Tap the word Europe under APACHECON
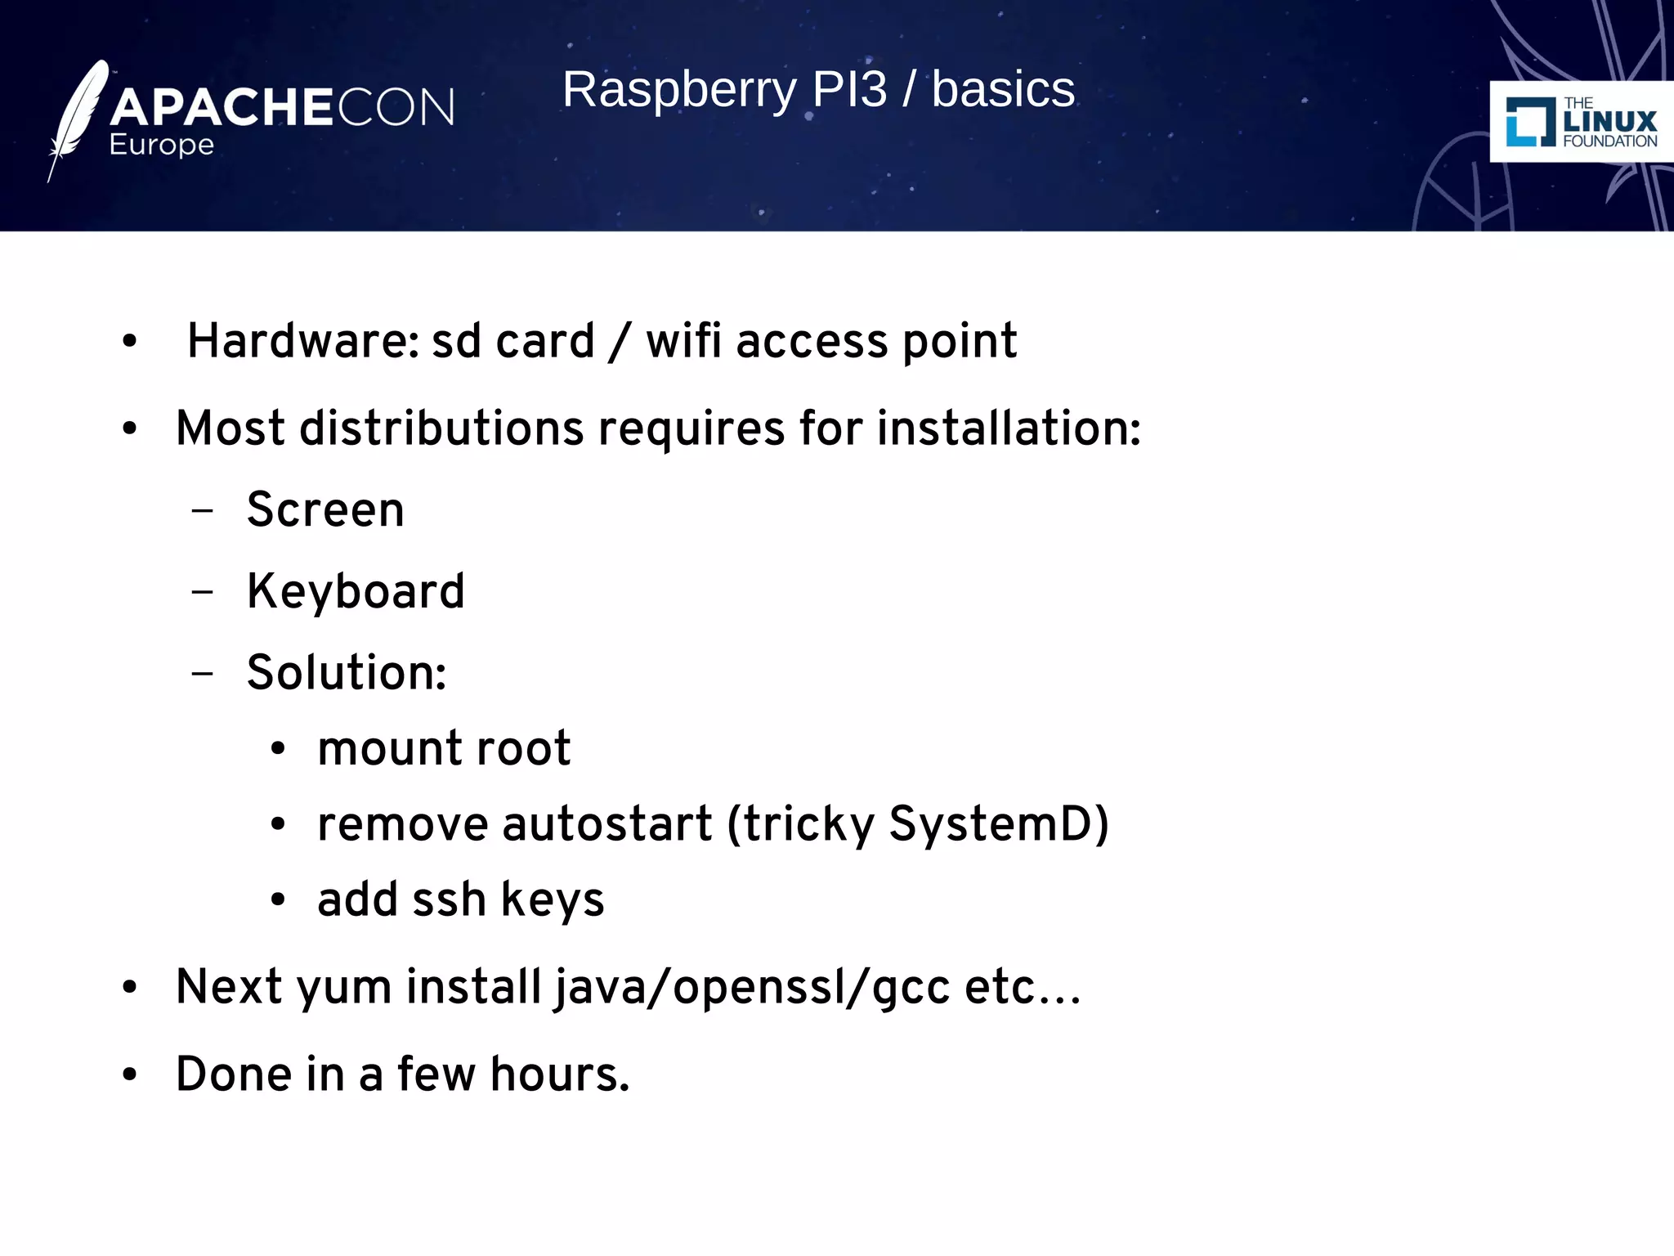[162, 145]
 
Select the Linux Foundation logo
[1580, 122]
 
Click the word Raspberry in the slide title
[678, 90]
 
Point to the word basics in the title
[1003, 90]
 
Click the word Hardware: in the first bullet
[303, 341]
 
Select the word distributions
[441, 428]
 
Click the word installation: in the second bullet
[1009, 428]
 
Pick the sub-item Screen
[325, 510]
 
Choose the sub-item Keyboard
[356, 592]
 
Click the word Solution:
[347, 673]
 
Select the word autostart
[606, 824]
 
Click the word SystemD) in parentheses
[999, 824]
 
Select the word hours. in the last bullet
[560, 1074]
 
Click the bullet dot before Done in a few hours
[129, 1075]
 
